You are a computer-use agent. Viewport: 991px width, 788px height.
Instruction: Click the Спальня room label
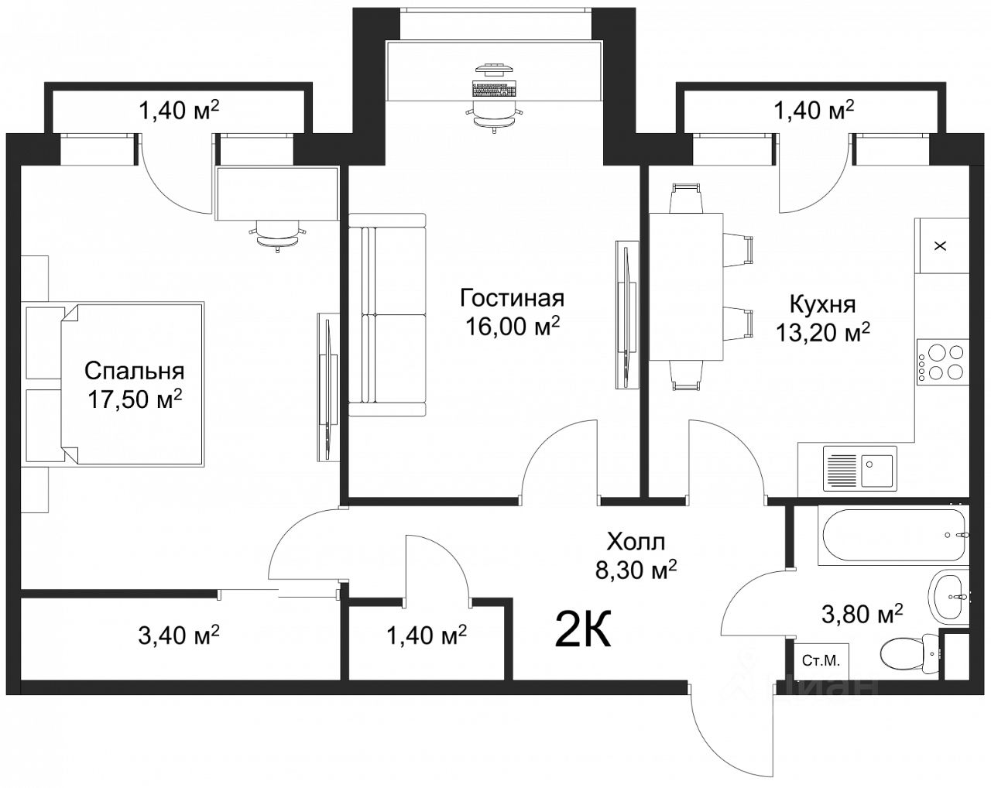point(135,372)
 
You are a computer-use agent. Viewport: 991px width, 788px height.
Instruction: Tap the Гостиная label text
point(512,299)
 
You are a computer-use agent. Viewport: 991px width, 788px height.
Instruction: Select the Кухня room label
point(823,305)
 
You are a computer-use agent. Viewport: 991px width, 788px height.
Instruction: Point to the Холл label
point(636,542)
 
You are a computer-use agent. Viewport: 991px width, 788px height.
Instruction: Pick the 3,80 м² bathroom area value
point(862,614)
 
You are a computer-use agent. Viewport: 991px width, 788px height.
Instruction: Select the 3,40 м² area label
point(179,635)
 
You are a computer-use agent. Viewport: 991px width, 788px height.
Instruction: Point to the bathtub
point(893,535)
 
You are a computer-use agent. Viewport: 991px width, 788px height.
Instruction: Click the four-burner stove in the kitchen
point(943,362)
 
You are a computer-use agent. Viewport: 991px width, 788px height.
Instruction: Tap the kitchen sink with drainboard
point(859,468)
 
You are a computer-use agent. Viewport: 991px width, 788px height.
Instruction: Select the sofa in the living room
point(387,315)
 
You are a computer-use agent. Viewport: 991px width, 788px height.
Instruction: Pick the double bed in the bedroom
point(132,385)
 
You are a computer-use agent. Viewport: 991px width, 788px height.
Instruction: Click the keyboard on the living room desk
point(494,88)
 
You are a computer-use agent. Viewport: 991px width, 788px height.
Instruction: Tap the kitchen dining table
point(686,286)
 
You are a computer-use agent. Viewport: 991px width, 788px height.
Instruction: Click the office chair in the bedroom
point(278,236)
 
